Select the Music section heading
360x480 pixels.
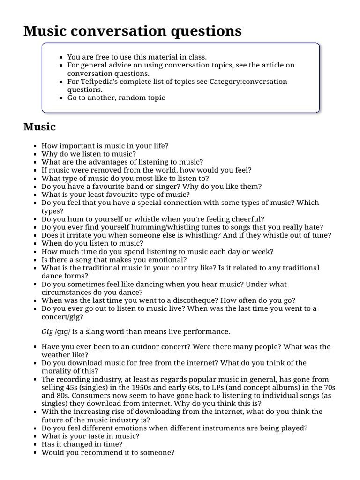tap(39, 127)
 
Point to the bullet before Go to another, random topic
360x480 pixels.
tap(61, 98)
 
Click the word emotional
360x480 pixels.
tap(168, 260)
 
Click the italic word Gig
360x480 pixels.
tap(47, 332)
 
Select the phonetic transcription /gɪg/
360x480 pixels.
tap(64, 332)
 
